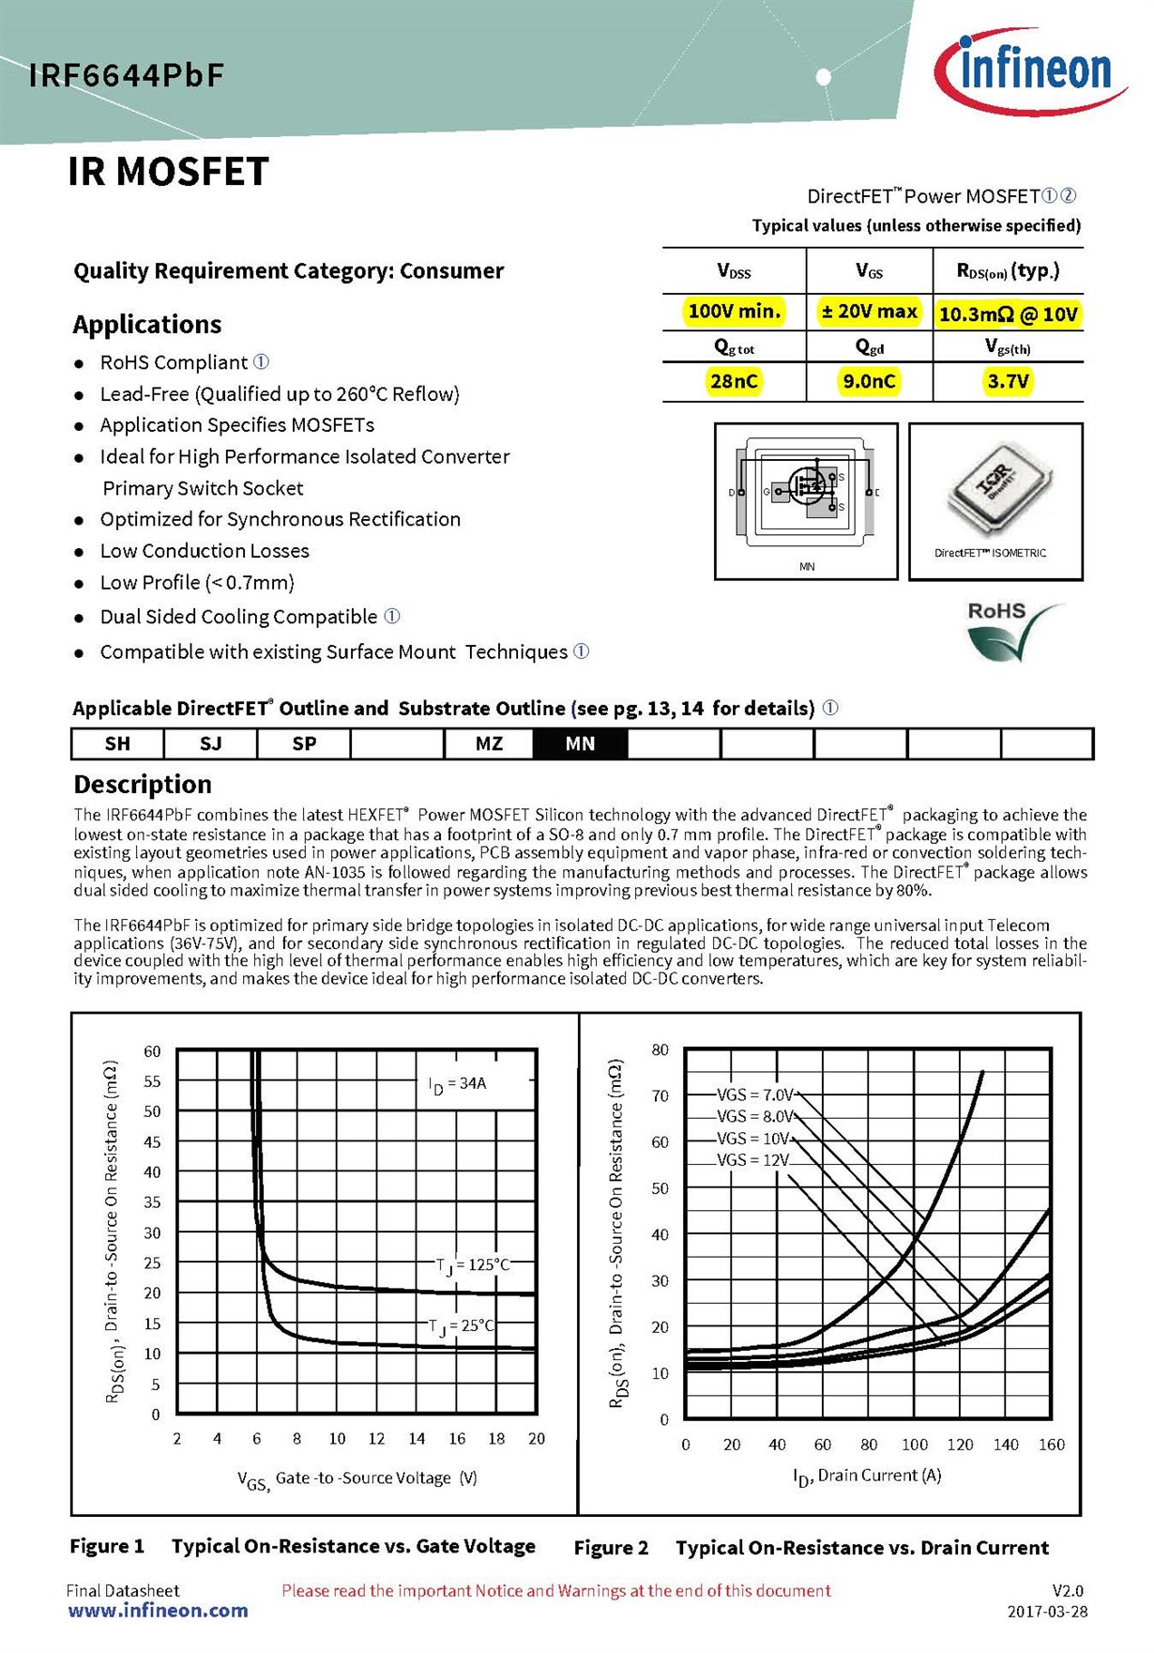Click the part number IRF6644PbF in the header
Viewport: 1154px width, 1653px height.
coord(127,75)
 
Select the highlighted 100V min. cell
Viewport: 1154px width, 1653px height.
coord(734,312)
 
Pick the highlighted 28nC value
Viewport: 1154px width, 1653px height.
coord(734,381)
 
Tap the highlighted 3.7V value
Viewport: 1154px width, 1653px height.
coord(1008,381)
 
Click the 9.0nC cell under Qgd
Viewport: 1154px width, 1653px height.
coord(869,381)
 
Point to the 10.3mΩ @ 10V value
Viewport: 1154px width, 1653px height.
coord(1008,314)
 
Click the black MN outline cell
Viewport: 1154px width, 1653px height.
coord(580,743)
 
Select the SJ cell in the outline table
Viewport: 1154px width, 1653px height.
coord(211,743)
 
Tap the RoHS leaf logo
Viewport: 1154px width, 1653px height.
coord(1012,631)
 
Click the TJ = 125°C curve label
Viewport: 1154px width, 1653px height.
coord(473,1265)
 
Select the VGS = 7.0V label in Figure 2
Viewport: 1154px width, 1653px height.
coord(754,1094)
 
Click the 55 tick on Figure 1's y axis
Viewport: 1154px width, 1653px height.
coord(152,1081)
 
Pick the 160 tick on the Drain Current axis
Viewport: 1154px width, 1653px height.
coord(1051,1445)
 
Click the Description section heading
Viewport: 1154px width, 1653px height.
coord(143,785)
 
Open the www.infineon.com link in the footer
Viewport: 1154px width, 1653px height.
coord(158,1611)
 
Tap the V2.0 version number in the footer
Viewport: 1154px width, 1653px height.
coord(1068,1591)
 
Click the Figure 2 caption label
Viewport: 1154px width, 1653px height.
coord(611,1548)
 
